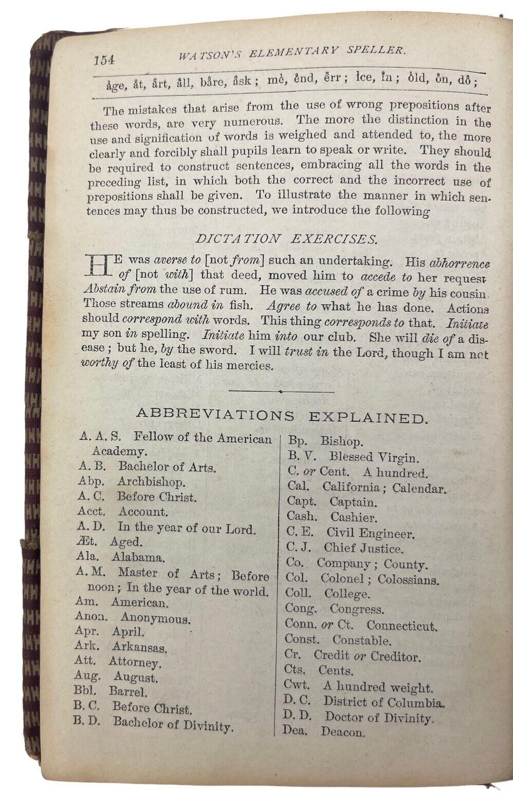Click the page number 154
point(104,59)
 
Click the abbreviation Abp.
point(91,482)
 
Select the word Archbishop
point(151,482)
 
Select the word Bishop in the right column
point(341,441)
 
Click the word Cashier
point(353,517)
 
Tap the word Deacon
point(343,732)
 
